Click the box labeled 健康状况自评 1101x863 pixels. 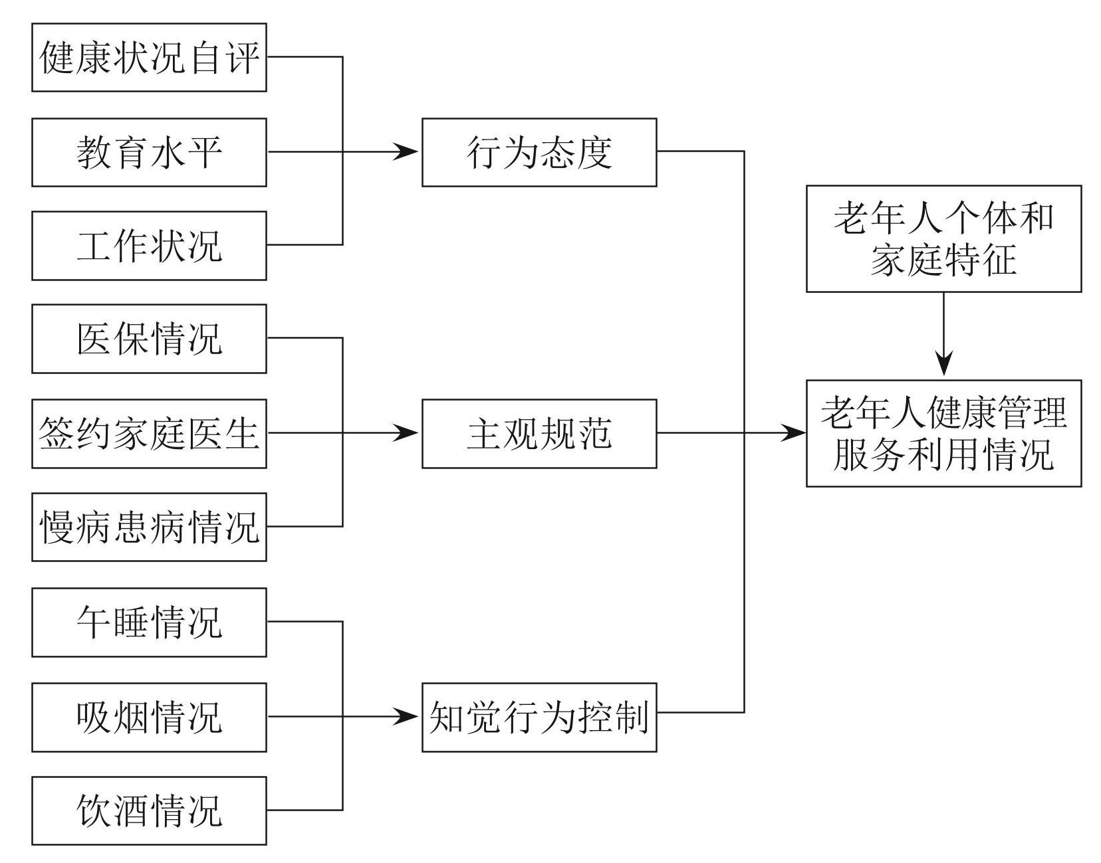[x=149, y=57]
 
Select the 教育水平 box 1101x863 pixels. [x=149, y=152]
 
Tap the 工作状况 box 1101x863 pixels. [x=149, y=245]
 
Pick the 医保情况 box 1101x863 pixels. [x=149, y=338]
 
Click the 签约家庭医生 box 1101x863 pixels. [x=149, y=433]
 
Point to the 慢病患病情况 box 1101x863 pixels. [x=149, y=527]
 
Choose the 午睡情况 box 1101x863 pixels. [x=149, y=622]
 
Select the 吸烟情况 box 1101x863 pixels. [x=149, y=717]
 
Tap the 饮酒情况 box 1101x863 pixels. [x=149, y=811]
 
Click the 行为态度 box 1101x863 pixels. [x=539, y=152]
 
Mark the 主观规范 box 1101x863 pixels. [x=539, y=433]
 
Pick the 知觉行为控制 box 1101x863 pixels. [x=539, y=717]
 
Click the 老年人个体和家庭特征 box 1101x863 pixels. [x=943, y=239]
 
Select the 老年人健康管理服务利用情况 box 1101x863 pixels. [x=943, y=433]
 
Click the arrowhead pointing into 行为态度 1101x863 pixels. [x=408, y=152]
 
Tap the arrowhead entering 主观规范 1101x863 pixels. [x=408, y=433]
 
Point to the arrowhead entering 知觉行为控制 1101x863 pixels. [x=408, y=717]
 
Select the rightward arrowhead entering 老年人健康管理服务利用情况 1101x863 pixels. [x=794, y=433]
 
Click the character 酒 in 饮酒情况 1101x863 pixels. [x=130, y=811]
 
